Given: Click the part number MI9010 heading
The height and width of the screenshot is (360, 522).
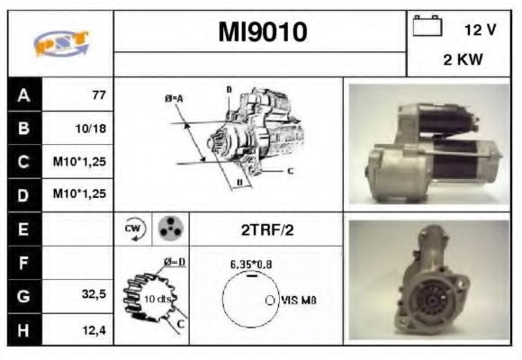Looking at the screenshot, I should (261, 32).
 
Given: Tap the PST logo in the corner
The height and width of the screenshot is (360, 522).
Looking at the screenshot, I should (59, 44).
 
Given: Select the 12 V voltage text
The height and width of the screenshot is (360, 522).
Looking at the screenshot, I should (480, 30).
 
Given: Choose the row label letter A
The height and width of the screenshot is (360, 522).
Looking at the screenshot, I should (23, 94).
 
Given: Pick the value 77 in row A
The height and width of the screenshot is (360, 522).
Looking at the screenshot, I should (98, 94).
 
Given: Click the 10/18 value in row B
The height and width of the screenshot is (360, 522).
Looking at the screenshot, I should (91, 128).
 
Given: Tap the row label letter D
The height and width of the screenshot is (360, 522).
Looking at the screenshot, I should (23, 194).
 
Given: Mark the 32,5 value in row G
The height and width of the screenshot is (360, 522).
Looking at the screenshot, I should (93, 294).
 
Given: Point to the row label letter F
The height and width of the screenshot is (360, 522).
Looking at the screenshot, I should (23, 262).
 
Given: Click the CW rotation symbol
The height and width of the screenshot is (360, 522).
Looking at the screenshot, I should (131, 229).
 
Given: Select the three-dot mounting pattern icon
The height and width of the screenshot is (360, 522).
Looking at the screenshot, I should (168, 229).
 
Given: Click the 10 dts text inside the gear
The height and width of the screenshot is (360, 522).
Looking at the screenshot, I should (158, 298).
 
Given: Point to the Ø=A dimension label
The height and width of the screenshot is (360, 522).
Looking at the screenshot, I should (174, 96).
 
